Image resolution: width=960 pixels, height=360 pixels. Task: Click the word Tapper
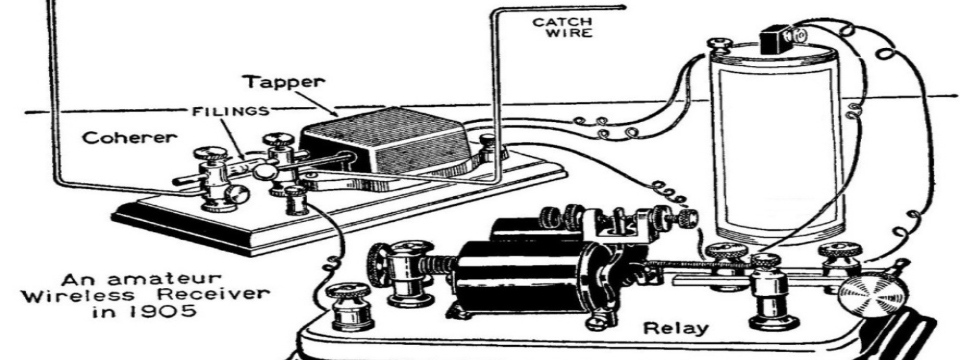(283, 82)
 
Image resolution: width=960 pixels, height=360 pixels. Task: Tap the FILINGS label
(230, 111)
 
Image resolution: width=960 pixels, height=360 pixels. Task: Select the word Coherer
(129, 138)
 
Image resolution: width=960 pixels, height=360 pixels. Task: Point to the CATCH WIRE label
(563, 28)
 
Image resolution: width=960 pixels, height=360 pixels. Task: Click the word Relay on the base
(676, 328)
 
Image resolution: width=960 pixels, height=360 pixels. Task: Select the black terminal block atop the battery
(774, 40)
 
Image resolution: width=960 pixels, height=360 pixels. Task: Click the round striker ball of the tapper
(264, 171)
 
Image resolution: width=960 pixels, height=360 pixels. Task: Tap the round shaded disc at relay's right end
(872, 292)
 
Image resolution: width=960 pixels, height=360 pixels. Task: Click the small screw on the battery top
(719, 43)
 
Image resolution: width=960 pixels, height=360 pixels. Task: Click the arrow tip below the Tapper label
(337, 115)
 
